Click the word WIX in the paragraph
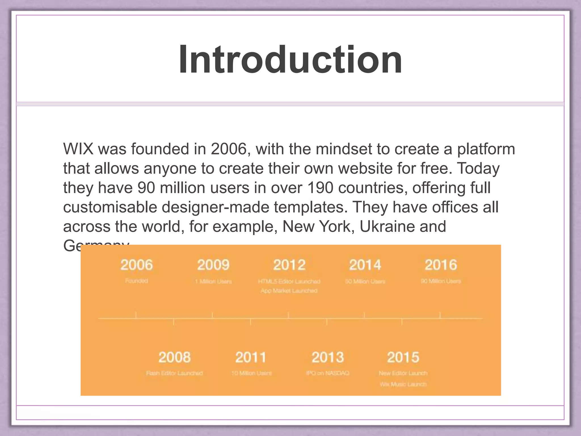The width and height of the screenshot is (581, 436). click(x=78, y=149)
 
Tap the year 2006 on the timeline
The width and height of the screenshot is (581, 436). click(x=136, y=265)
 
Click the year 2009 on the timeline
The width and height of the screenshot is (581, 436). click(x=213, y=265)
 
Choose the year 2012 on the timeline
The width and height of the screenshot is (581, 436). click(x=289, y=265)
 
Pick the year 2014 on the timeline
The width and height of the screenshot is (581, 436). click(x=365, y=265)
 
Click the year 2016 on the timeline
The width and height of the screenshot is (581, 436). click(x=441, y=265)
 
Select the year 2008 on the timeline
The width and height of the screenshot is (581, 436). click(x=174, y=357)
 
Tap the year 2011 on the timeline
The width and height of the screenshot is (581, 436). click(x=251, y=357)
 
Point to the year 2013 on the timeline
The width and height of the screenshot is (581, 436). click(x=327, y=357)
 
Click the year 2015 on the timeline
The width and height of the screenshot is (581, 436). click(x=403, y=357)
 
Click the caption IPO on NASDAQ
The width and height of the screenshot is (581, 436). click(x=327, y=373)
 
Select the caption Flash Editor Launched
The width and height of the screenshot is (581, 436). click(x=174, y=373)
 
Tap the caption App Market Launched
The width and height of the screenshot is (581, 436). click(x=289, y=291)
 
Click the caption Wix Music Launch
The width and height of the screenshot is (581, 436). click(x=403, y=384)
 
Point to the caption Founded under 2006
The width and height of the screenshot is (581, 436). click(x=136, y=281)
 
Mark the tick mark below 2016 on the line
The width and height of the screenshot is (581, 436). click(x=440, y=315)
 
